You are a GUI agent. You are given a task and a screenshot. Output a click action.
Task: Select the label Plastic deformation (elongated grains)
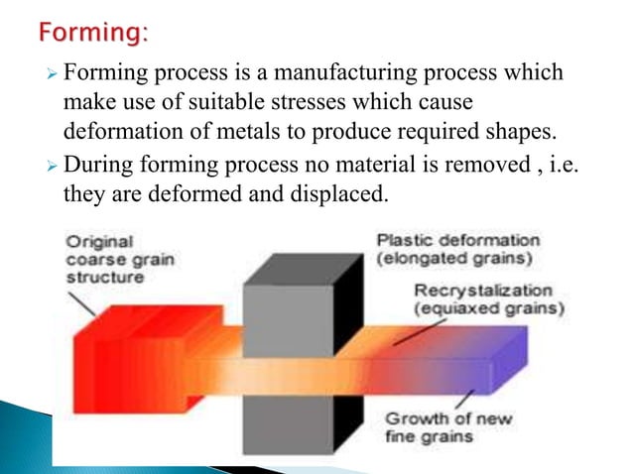458,249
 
